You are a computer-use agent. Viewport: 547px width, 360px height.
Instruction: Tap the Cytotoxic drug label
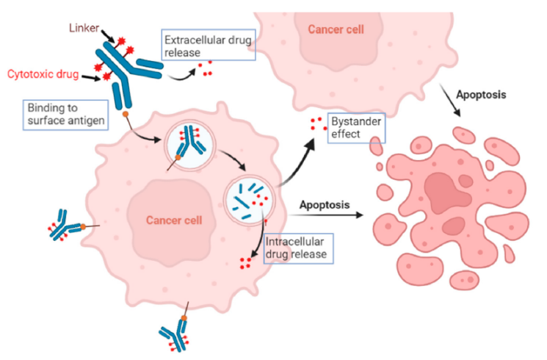[x=43, y=73]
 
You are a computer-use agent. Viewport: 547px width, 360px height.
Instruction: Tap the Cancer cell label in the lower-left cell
[x=173, y=220]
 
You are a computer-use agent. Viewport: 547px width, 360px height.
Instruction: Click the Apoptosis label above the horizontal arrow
[x=324, y=204]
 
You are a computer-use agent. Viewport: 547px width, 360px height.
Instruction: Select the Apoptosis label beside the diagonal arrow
[x=481, y=95]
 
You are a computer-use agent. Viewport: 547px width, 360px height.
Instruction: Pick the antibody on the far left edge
[x=65, y=224]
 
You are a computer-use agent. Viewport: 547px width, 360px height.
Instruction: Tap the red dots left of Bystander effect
[x=316, y=124]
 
